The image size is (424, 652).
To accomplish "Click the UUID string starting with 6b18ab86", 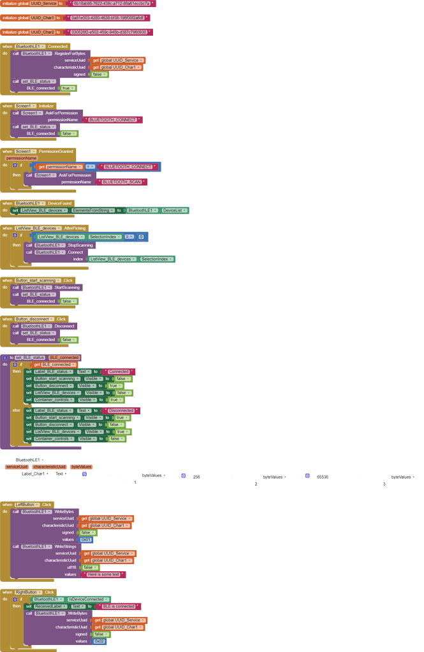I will [112, 3].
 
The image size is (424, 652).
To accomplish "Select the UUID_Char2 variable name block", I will [41, 31].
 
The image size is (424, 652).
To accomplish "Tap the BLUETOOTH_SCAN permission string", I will [121, 182].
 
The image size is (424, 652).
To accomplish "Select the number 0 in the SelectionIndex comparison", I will [141, 236].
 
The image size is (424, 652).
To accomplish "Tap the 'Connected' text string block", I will [119, 371].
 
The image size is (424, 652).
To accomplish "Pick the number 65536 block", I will [322, 476].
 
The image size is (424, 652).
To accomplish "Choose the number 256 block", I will [196, 476].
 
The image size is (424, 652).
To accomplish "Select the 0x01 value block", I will [86, 539].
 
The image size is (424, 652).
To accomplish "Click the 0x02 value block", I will [99, 641].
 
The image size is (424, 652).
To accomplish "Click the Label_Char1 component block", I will [34, 474].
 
